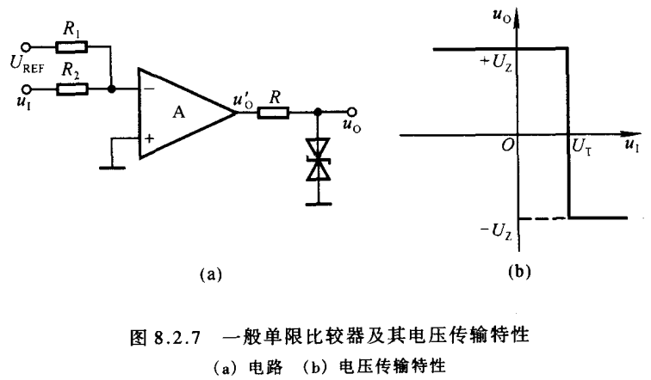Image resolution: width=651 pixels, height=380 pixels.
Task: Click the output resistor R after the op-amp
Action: tap(277, 111)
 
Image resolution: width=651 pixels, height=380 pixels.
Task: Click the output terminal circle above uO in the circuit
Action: tap(351, 111)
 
